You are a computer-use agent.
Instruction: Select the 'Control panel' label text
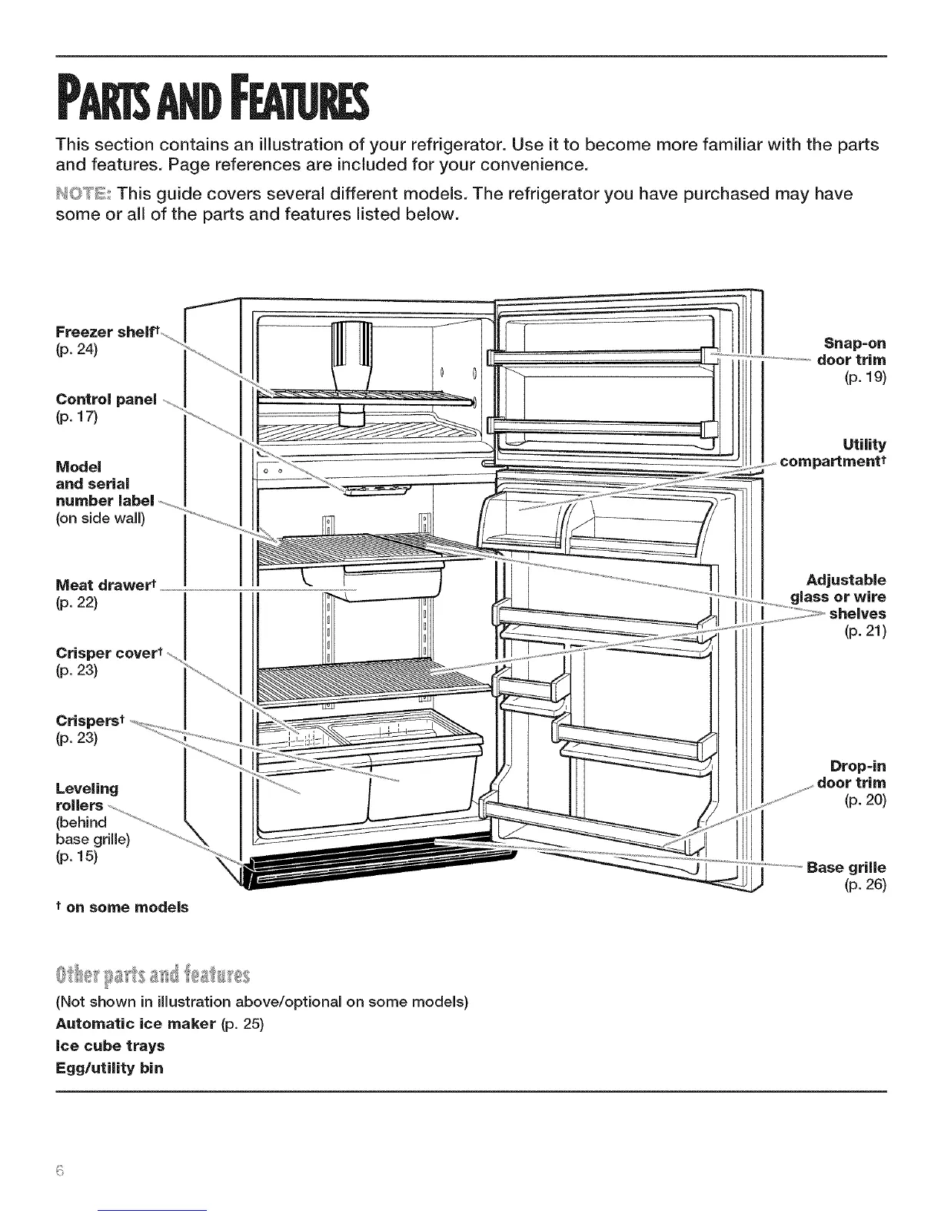pos(106,400)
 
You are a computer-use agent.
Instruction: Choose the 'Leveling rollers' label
pos(87,797)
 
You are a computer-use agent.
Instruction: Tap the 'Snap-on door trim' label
pos(854,351)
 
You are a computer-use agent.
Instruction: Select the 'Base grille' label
pos(846,868)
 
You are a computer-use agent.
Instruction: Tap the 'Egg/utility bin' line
pos(109,1067)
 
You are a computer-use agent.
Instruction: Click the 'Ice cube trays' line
pos(110,1046)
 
